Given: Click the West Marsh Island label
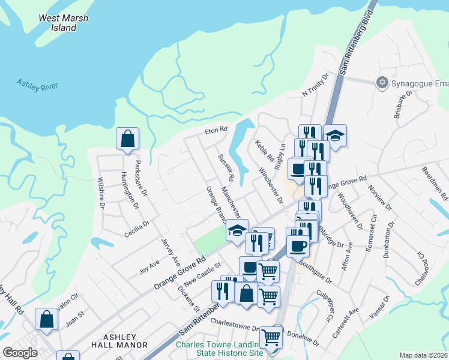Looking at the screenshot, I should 63,23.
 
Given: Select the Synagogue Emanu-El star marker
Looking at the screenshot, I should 381,82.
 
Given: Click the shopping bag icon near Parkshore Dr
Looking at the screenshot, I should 128,139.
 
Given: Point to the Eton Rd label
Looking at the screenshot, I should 215,129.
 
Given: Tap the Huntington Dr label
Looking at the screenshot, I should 130,190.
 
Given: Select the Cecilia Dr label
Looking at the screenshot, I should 137,229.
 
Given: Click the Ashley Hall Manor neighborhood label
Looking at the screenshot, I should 119,341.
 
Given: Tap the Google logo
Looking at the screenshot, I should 20,353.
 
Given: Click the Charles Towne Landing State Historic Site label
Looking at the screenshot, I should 219,349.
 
